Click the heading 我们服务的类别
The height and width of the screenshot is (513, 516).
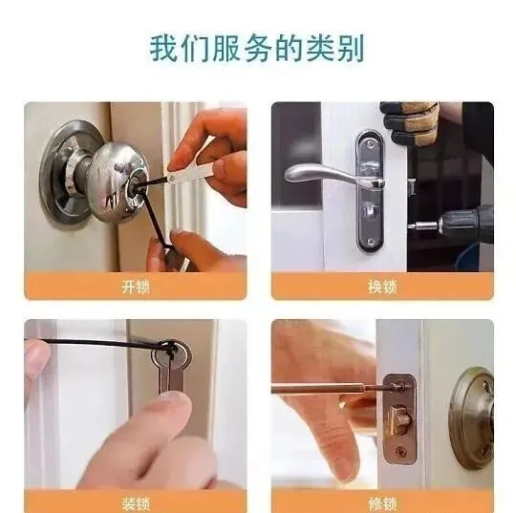coord(257,49)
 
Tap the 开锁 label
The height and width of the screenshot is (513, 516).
coord(136,287)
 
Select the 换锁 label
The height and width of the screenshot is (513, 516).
coord(382,287)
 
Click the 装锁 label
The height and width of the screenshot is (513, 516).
coord(136,503)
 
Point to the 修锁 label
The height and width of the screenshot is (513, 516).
coord(382,503)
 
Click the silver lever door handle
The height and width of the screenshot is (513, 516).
coord(333,175)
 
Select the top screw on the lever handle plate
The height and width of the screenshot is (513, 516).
coord(370,143)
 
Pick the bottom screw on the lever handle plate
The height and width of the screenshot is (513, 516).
coord(371,242)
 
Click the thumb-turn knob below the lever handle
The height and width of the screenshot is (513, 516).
coord(369,209)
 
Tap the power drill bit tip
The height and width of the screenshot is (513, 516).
coord(410,226)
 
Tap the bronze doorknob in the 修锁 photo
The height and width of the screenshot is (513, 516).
coord(472,417)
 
